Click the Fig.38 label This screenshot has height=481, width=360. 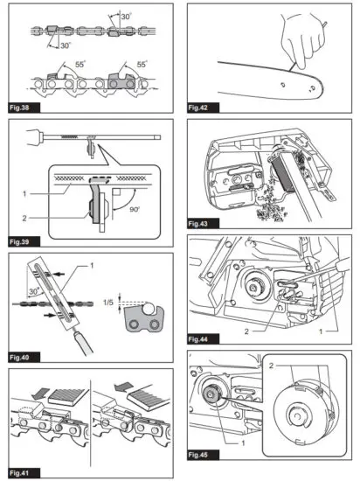coord(20,108)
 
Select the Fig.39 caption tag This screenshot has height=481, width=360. coord(20,238)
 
